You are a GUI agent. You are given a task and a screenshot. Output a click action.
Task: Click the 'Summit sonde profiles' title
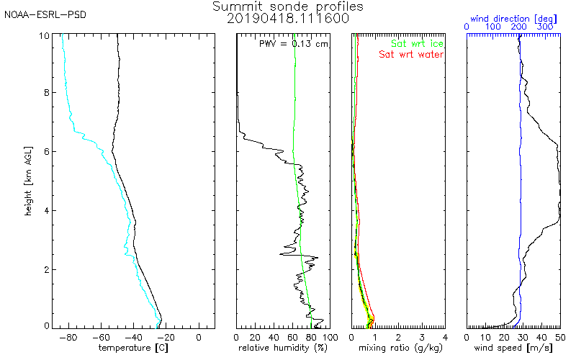(287, 6)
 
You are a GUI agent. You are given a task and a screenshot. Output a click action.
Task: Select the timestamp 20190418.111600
(287, 19)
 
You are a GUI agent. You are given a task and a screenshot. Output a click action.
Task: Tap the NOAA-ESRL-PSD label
(45, 15)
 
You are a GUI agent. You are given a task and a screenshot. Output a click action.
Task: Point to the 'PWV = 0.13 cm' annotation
(294, 44)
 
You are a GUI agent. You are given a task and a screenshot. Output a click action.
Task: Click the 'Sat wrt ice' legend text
(417, 44)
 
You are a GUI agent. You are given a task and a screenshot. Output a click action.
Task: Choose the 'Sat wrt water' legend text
(411, 55)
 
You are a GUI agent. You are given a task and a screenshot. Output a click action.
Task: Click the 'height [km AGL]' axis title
(28, 181)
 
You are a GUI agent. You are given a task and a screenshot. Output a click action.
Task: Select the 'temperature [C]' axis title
(133, 348)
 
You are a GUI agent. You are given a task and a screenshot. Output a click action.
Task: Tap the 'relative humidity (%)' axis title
(283, 348)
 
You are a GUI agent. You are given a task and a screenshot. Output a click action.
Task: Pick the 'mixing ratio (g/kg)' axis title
(400, 348)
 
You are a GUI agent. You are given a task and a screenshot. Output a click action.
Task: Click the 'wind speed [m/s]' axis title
(513, 348)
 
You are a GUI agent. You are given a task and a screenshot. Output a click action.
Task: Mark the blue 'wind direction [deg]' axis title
(513, 19)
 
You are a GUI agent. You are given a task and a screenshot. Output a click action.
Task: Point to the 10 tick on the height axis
(44, 35)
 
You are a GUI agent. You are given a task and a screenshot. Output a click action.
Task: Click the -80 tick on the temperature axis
(68, 337)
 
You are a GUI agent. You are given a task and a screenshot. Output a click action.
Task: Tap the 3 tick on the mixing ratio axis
(422, 337)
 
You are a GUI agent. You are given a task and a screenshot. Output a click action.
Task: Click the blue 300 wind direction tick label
(545, 27)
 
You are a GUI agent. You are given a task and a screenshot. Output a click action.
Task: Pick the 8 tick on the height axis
(47, 93)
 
